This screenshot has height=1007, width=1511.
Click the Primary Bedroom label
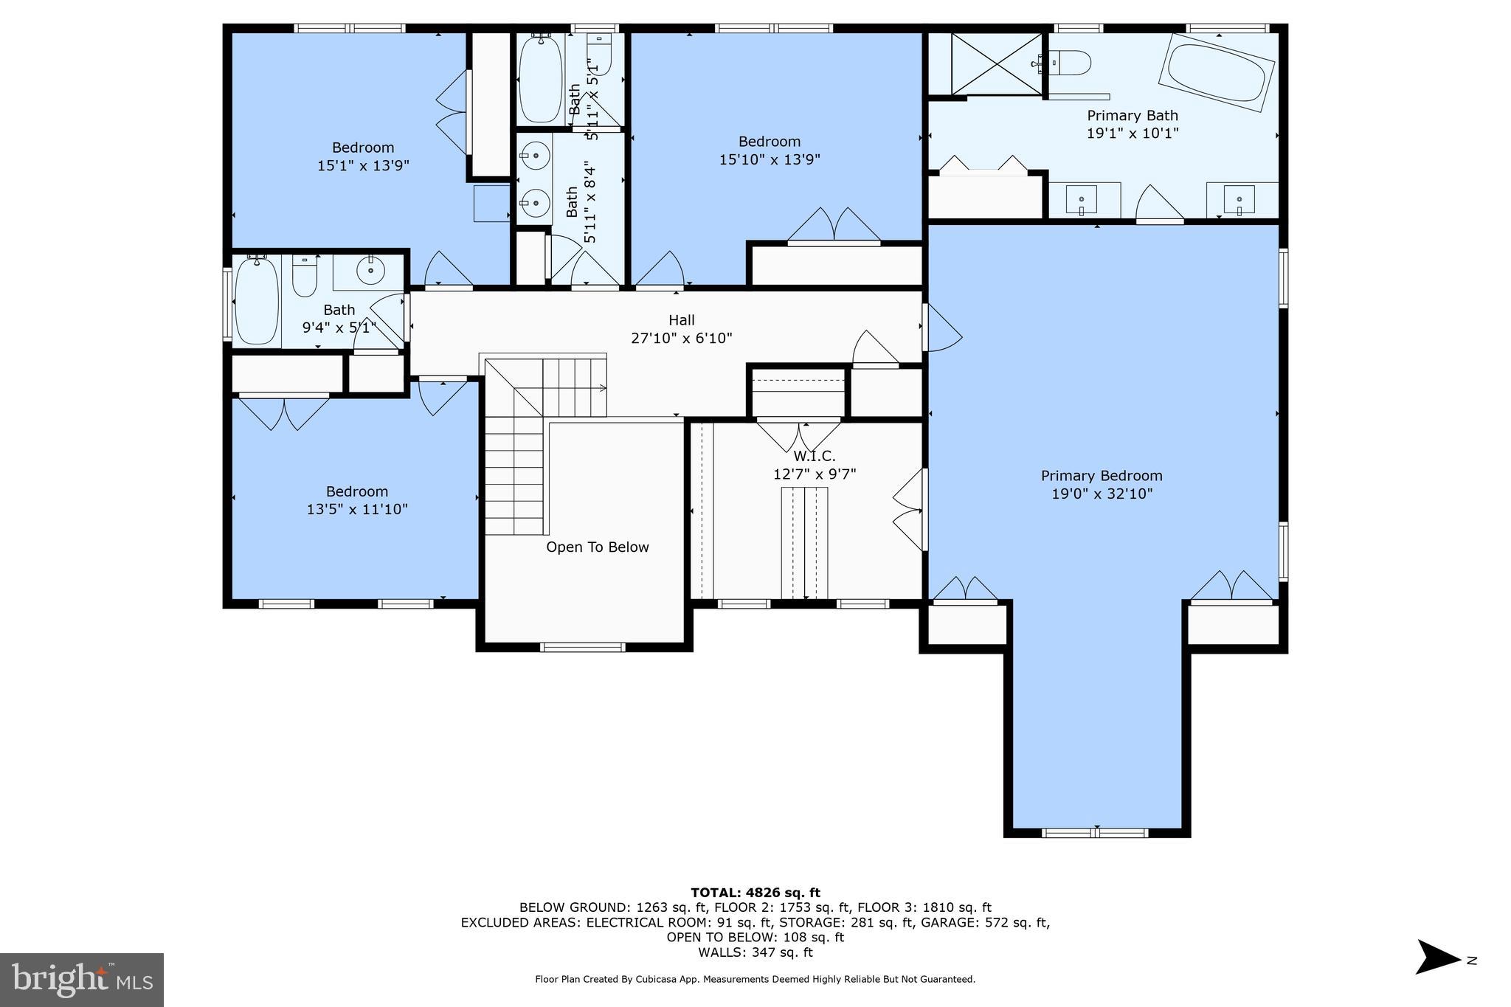click(1101, 476)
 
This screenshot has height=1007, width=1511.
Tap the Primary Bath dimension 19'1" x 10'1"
click(1132, 134)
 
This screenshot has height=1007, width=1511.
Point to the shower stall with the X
click(997, 63)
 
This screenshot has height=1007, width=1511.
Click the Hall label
click(681, 320)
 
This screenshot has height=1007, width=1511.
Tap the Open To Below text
click(597, 547)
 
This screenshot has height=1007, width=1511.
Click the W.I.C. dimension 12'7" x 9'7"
click(814, 474)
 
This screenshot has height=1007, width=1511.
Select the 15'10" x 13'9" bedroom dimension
click(770, 159)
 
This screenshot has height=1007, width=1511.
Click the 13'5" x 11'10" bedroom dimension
click(357, 509)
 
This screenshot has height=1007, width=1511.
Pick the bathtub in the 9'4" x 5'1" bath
click(257, 300)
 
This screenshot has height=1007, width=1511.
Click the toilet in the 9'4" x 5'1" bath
click(304, 275)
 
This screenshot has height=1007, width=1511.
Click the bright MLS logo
click(82, 980)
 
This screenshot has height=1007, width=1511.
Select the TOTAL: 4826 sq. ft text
click(755, 893)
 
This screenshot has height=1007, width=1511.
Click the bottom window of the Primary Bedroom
click(1096, 833)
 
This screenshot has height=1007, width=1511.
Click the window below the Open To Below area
click(583, 647)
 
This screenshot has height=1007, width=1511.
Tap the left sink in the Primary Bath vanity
click(1081, 200)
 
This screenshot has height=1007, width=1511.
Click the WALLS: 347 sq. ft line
click(755, 952)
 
